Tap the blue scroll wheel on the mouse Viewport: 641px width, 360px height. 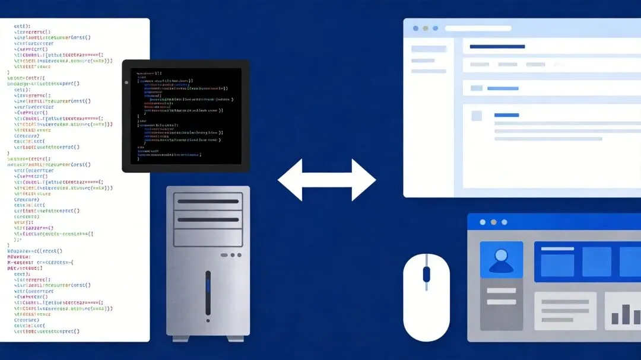click(426, 274)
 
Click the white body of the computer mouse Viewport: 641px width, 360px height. click(426, 308)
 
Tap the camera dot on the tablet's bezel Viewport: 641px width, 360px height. click(126, 82)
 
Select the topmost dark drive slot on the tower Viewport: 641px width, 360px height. click(208, 202)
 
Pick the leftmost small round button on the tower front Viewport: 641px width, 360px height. click(224, 255)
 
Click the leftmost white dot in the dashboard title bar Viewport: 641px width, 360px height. click(482, 222)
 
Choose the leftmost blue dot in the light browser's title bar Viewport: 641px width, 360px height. click(415, 28)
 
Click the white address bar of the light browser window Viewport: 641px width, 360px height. click(478, 28)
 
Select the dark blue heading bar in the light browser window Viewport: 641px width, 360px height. click(497, 46)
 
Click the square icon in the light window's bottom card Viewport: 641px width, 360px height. click(477, 116)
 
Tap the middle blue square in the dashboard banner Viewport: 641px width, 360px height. click(596, 262)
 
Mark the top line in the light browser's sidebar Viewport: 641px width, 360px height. click(429, 49)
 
